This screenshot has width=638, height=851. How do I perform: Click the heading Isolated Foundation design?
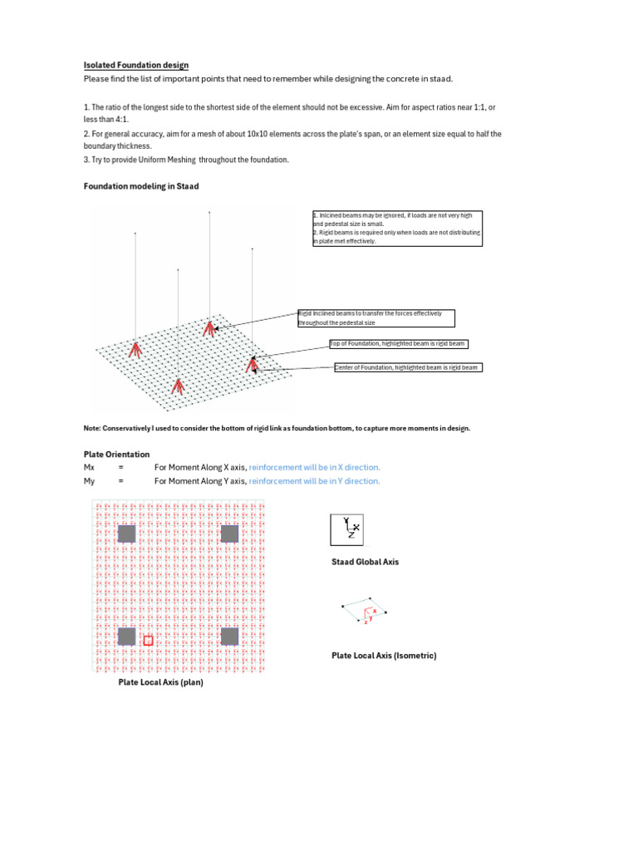tap(135, 65)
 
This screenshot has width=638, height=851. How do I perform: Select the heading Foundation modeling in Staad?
tap(141, 186)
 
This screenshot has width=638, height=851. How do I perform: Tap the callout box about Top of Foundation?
tap(398, 343)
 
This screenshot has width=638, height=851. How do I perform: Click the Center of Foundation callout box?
tap(407, 367)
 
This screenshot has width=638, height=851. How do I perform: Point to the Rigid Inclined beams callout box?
tap(376, 317)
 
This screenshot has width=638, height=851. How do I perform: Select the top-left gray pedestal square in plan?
tap(127, 534)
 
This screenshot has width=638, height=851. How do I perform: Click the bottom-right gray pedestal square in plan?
tap(229, 636)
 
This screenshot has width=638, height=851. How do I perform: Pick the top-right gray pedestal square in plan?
tap(229, 534)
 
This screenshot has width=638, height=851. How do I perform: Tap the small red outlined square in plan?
tap(149, 640)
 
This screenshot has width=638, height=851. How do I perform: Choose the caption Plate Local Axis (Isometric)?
tap(384, 656)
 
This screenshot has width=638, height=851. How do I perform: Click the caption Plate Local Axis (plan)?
tap(160, 682)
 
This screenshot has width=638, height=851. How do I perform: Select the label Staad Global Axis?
tap(365, 562)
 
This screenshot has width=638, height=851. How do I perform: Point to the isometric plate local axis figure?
tap(364, 611)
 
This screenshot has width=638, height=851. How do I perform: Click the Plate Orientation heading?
tap(116, 455)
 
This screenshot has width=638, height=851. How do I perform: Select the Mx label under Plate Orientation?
tap(90, 468)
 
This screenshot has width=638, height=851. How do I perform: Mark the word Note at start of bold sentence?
tap(92, 428)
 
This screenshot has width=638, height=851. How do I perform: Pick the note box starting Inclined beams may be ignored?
tap(397, 228)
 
